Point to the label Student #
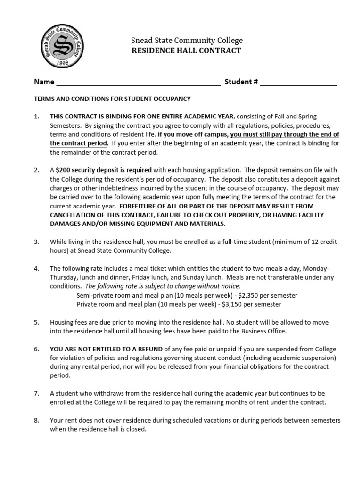click(241, 82)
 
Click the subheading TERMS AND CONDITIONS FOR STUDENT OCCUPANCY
click(112, 99)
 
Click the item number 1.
click(36, 117)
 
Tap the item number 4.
click(36, 268)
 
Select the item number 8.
click(36, 420)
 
